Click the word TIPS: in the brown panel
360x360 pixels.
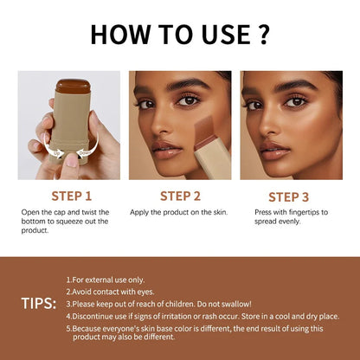point(39,303)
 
